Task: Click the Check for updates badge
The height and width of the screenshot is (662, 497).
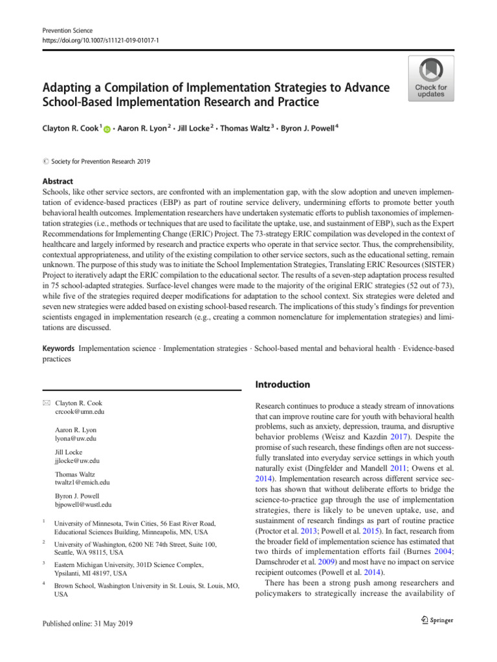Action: [x=430, y=78]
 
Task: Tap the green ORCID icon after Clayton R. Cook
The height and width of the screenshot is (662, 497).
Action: [x=107, y=130]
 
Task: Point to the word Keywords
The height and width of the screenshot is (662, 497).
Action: [x=58, y=348]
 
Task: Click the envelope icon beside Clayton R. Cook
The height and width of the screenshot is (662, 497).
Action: [x=45, y=403]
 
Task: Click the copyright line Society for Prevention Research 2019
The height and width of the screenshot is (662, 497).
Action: [x=97, y=162]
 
